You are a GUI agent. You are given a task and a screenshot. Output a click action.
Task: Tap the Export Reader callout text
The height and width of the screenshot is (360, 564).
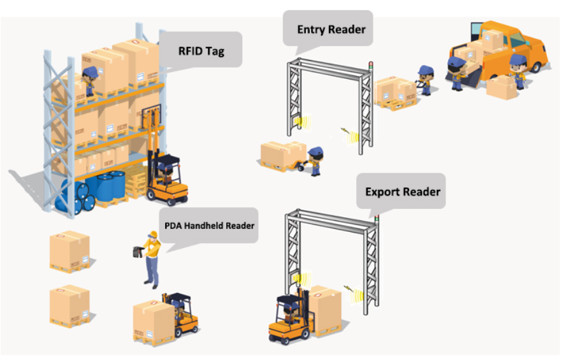[x=402, y=191]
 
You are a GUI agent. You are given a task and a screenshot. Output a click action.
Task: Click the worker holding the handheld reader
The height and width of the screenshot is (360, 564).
[x=150, y=258]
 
